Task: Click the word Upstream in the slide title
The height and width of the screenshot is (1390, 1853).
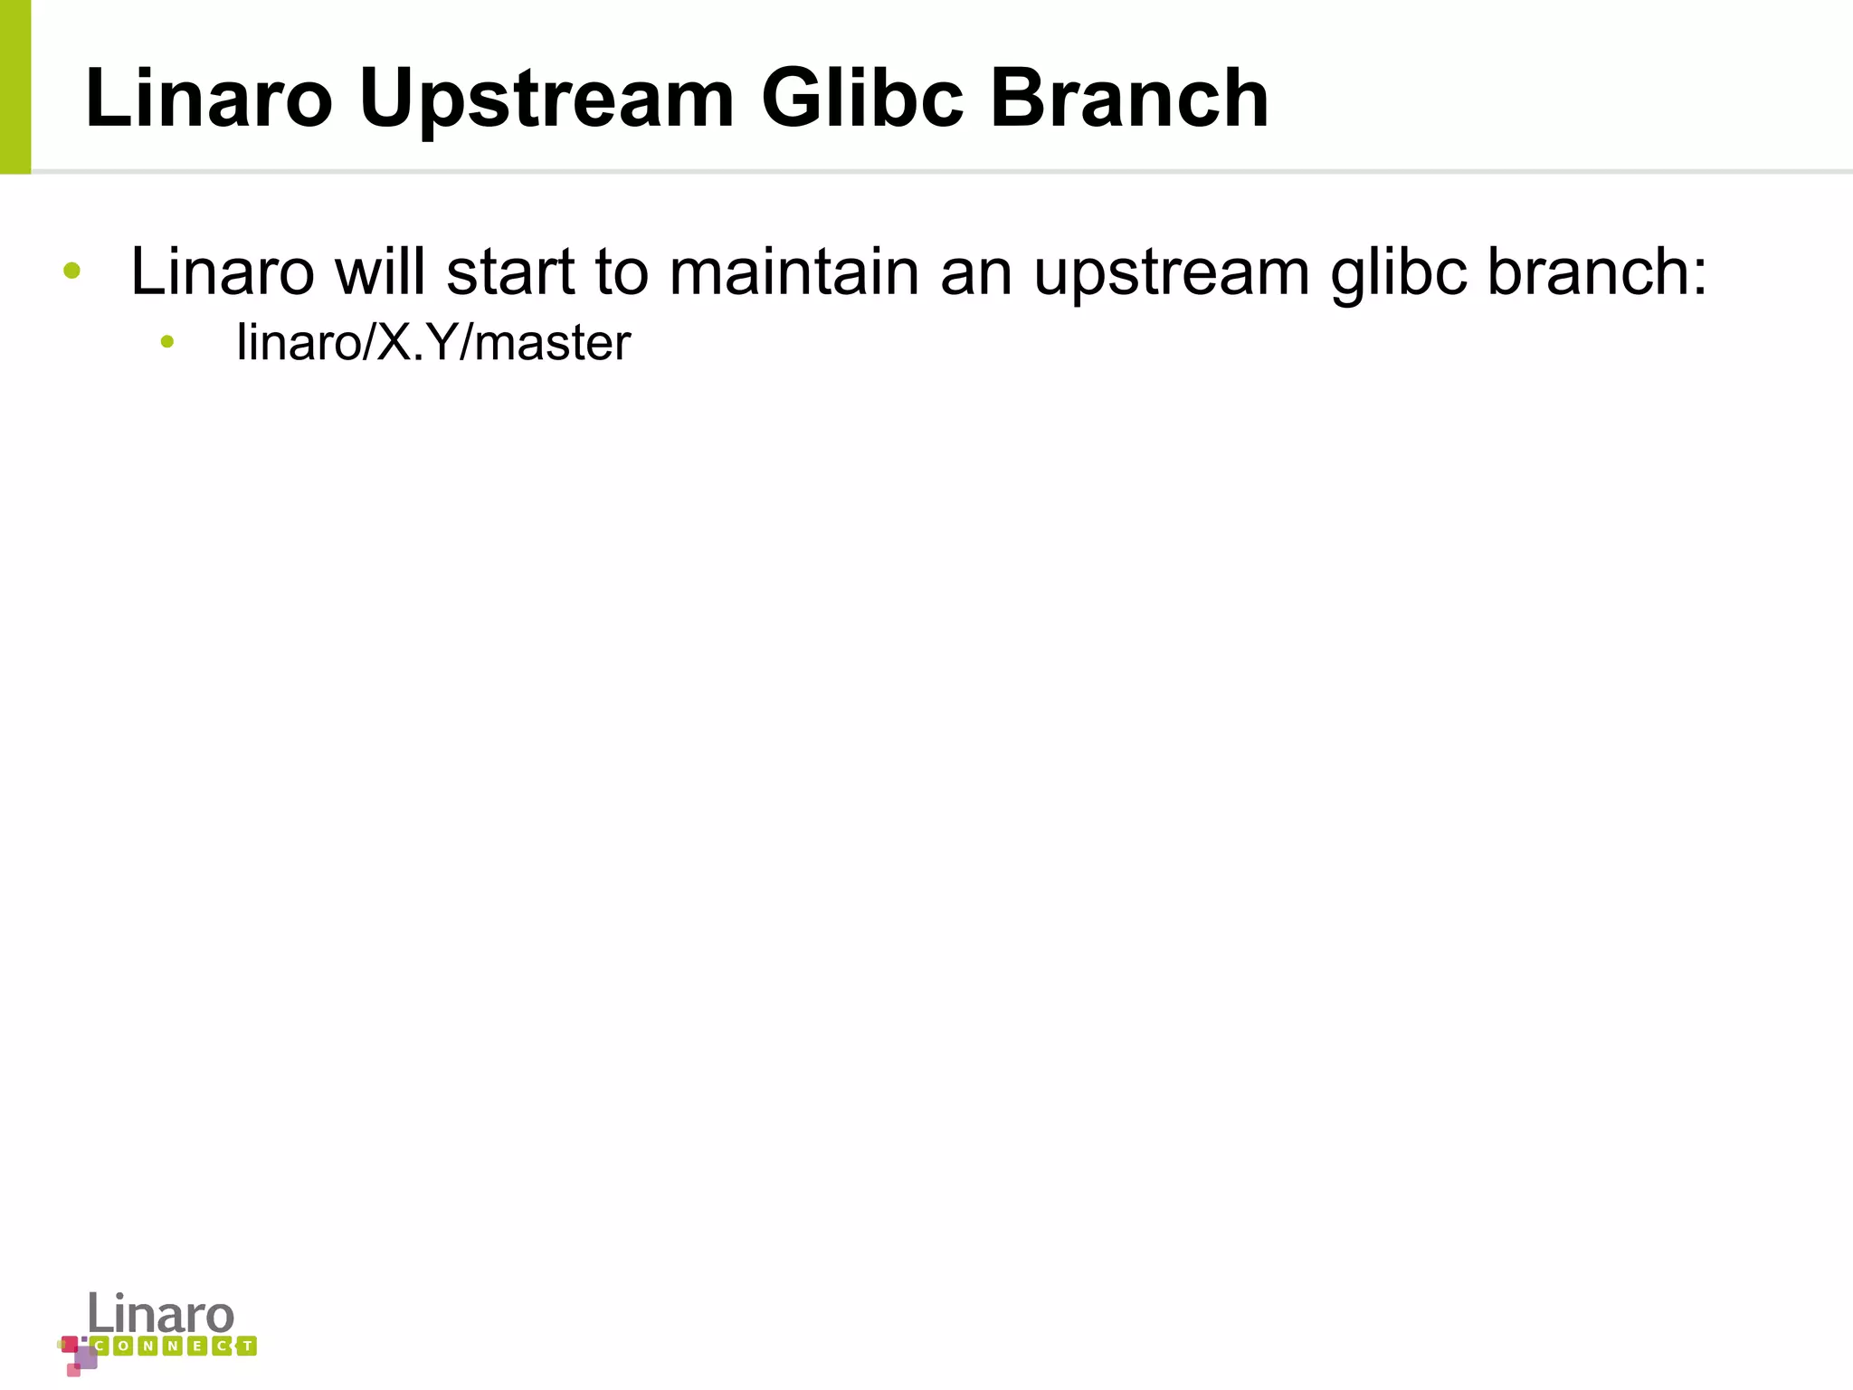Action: click(546, 100)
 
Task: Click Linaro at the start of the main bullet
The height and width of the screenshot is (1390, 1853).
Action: click(223, 271)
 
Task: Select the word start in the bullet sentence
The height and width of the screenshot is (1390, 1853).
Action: click(510, 271)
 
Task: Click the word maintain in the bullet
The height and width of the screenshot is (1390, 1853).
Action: click(793, 271)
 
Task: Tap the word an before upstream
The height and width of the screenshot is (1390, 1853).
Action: click(976, 271)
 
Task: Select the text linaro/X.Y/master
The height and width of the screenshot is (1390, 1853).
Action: click(433, 343)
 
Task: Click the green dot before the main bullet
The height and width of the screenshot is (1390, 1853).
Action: click(72, 270)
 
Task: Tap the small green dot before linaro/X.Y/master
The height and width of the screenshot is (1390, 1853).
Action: click(166, 341)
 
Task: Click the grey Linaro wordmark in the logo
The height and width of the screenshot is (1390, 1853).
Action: click(161, 1313)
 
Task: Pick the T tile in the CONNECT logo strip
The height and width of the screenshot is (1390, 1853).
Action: click(246, 1347)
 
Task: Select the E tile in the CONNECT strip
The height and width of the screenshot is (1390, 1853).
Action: click(197, 1347)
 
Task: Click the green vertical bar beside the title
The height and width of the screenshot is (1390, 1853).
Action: click(15, 87)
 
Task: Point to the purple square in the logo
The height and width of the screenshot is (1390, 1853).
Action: click(86, 1357)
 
